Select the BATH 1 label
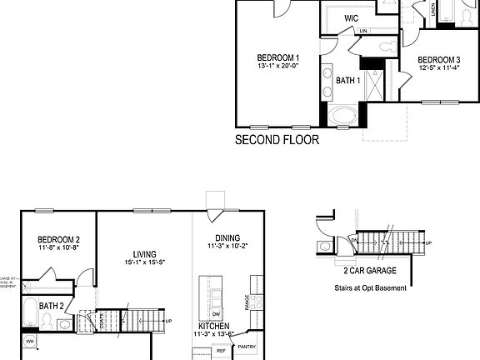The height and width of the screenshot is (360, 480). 347,80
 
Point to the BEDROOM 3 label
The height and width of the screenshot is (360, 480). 438,60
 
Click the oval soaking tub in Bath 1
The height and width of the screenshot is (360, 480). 342,115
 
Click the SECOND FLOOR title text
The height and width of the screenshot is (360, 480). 277,140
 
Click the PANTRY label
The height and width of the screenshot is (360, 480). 247,346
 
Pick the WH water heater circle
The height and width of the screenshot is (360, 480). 30,342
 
